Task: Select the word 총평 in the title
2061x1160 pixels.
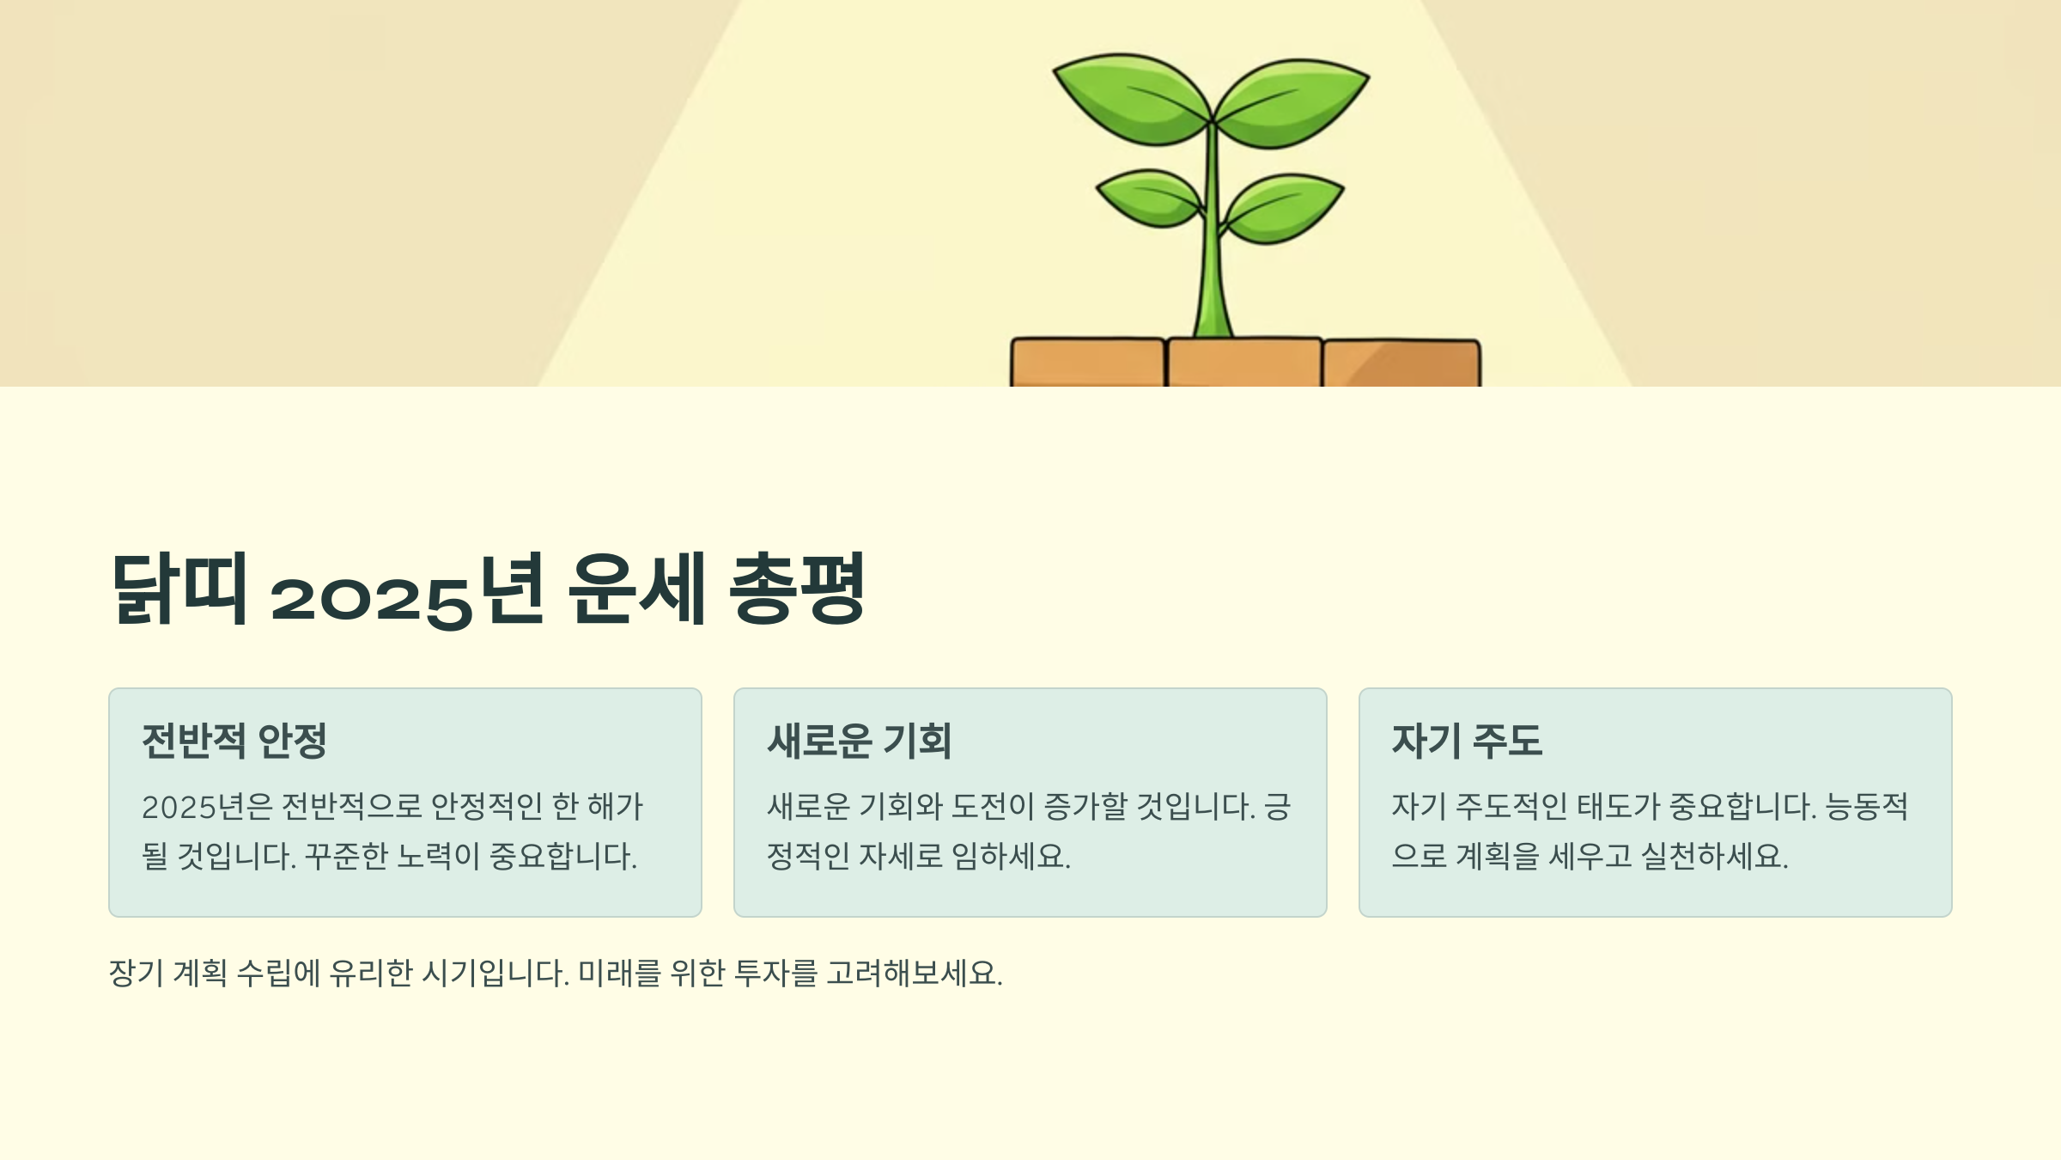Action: point(797,589)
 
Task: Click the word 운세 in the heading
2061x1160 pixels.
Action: point(637,589)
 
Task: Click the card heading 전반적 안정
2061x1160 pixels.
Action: point(234,741)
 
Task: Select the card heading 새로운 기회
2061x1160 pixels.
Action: point(860,741)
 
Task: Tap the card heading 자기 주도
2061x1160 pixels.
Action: point(1467,741)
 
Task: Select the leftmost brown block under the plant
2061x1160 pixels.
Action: point(1087,364)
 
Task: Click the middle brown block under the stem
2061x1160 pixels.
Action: point(1243,364)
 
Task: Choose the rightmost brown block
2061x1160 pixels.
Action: point(1401,364)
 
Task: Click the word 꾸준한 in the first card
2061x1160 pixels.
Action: point(346,857)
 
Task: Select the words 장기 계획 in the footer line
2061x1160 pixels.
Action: point(168,974)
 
